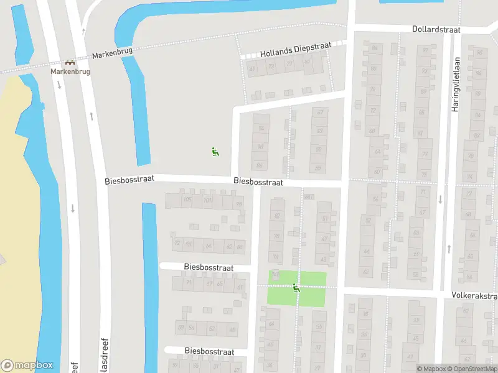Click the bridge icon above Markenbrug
tap(70, 63)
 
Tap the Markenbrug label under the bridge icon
tap(70, 71)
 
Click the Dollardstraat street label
tap(436, 29)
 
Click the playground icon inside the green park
tap(296, 287)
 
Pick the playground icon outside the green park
tap(215, 151)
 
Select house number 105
tap(187, 200)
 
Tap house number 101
tap(207, 200)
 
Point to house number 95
tap(238, 204)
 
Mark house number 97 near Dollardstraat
tap(479, 52)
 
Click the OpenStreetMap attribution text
tap(476, 369)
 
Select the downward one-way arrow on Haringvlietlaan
tap(441, 200)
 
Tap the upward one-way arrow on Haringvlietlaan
tap(449, 249)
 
